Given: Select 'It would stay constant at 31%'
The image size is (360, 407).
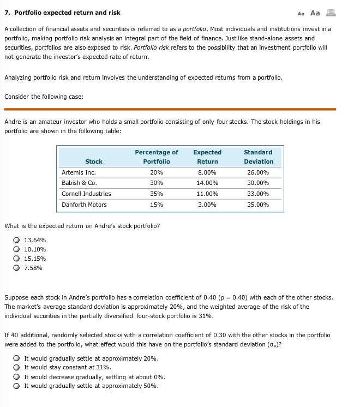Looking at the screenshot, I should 18,368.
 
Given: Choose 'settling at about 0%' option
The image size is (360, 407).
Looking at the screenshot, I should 18,377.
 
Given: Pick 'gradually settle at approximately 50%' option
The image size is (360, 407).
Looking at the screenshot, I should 18,386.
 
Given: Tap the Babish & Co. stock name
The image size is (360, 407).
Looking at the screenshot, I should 79,183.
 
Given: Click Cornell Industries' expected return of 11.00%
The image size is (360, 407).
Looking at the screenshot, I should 207,194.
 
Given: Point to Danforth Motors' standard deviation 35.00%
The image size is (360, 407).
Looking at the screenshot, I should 259,205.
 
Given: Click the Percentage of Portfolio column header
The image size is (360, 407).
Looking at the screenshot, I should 156,157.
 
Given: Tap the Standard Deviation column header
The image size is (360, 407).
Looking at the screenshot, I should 259,157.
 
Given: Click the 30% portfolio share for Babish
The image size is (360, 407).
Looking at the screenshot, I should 156,183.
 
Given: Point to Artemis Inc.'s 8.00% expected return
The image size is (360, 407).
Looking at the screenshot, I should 207,172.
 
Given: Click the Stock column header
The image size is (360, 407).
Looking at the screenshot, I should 94,161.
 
